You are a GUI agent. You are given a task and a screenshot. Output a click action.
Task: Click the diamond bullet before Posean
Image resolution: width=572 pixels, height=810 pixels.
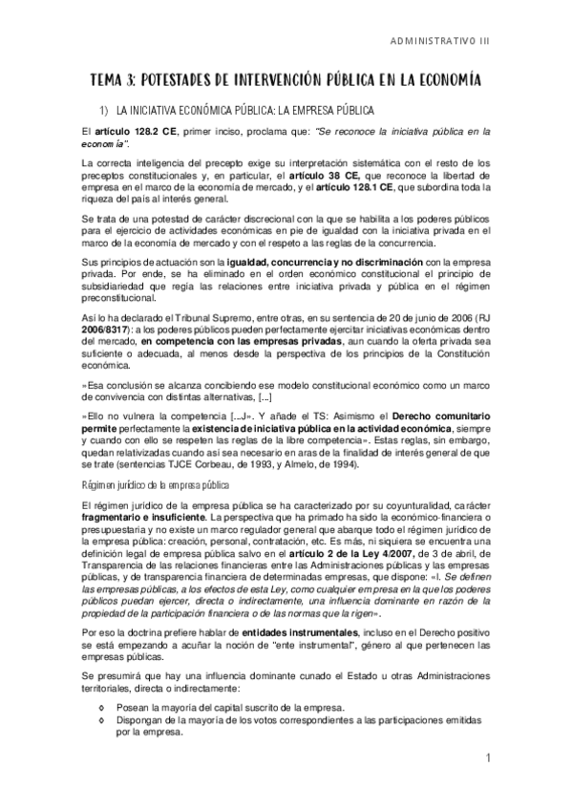(x=103, y=708)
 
